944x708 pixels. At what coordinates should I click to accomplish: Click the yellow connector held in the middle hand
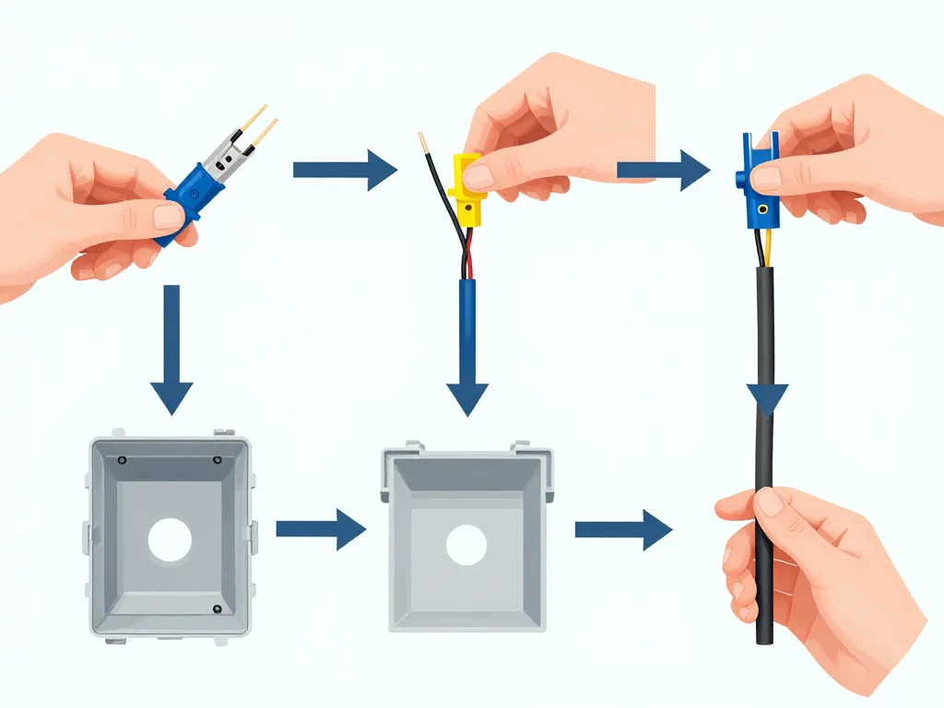[x=468, y=189]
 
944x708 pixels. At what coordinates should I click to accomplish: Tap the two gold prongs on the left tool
[x=257, y=128]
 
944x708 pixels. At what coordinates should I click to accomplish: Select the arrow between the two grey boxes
[x=321, y=529]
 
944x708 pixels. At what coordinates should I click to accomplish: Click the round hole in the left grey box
[x=170, y=539]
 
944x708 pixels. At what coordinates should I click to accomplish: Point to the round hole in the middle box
[x=466, y=545]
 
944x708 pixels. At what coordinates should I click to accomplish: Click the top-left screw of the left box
[x=123, y=458]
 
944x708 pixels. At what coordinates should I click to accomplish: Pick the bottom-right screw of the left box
[x=217, y=608]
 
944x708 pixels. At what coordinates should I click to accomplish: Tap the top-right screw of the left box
[x=218, y=460]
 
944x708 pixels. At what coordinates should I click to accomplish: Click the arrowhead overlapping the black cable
[x=767, y=400]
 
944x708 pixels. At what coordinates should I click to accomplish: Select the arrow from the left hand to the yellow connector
[x=344, y=169]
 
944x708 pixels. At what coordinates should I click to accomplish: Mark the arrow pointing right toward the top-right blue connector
[x=663, y=170]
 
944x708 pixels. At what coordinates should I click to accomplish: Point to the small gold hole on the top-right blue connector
[x=761, y=209]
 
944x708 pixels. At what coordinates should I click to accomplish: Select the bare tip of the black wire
[x=423, y=142]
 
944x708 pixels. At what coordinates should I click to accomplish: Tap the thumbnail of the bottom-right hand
[x=770, y=501]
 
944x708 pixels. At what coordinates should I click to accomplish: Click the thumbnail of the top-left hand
[x=168, y=217]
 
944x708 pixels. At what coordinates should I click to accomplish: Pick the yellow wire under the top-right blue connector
[x=767, y=247]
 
